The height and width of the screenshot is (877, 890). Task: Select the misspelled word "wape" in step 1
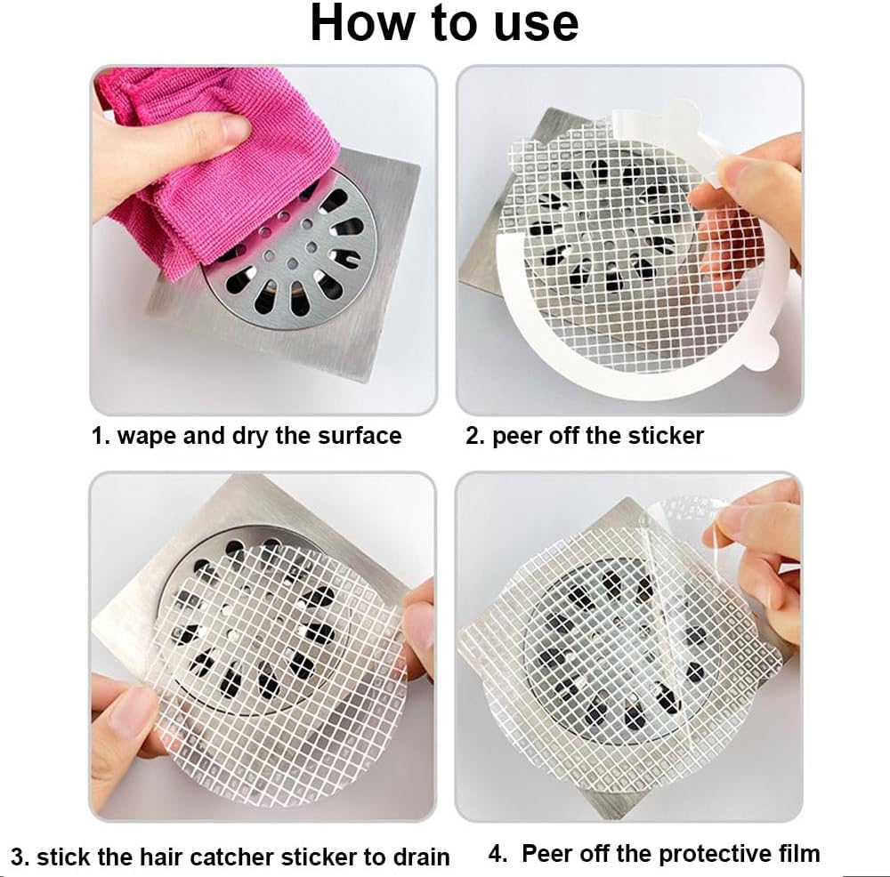click(149, 436)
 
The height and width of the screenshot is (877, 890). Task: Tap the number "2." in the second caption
click(474, 436)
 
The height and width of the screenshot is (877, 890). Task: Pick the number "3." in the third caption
click(20, 857)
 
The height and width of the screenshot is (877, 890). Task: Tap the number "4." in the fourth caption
click(499, 854)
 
